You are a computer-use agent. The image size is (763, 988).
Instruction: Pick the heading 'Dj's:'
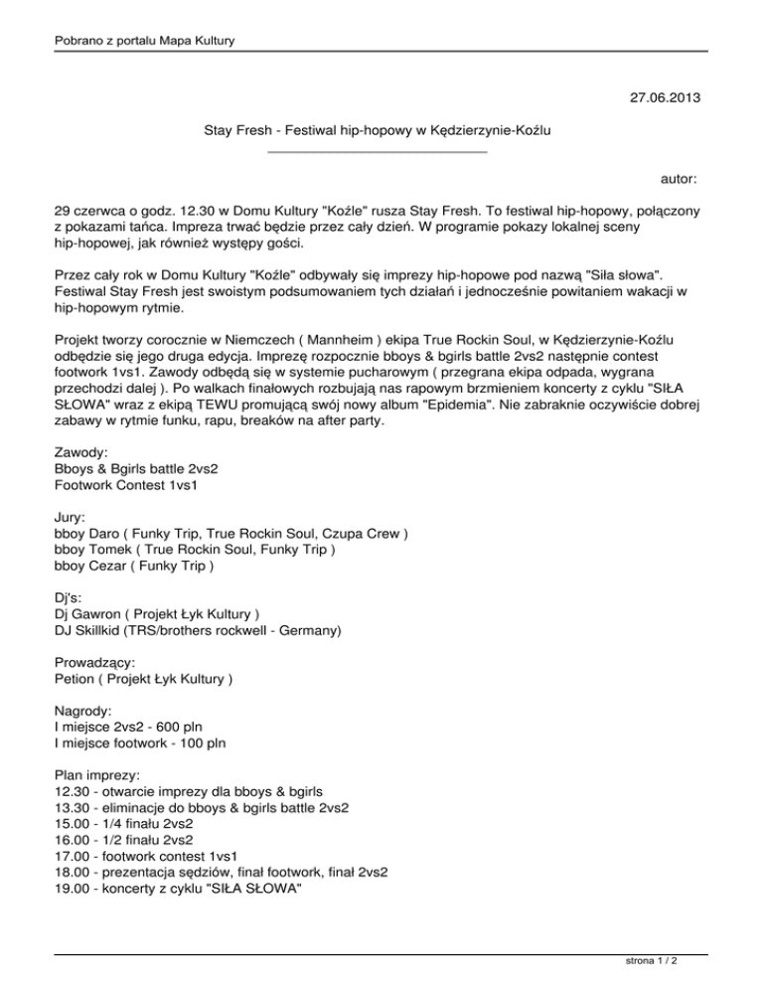(72, 599)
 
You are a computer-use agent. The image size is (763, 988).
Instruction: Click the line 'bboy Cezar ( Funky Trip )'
(134, 567)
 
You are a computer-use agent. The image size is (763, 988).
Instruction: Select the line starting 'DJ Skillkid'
(199, 631)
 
